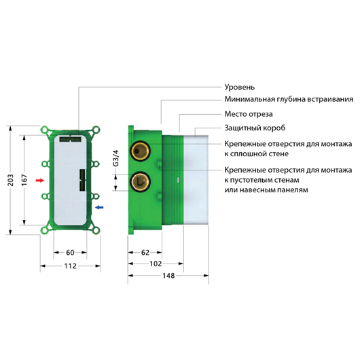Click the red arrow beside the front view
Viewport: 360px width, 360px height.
pos(40,181)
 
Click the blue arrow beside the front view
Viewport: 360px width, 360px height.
pos(99,207)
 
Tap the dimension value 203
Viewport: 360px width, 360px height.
pos(10,180)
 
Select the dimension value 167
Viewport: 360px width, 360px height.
pos(24,180)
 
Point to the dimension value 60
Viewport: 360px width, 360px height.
pos(70,253)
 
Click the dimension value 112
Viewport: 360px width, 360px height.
pos(70,266)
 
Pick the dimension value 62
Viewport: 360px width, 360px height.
pos(145,253)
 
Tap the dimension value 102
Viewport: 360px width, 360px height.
pos(156,264)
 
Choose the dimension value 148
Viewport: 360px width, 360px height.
pos(168,276)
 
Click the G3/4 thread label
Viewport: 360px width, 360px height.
pos(116,158)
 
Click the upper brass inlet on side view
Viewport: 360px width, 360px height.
pos(140,151)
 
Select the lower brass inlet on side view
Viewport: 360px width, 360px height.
pos(140,182)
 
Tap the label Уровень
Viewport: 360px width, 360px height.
pos(240,87)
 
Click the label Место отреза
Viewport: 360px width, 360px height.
pos(249,114)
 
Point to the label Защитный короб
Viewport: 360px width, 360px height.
pos(255,128)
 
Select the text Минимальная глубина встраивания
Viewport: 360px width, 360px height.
pos(289,99)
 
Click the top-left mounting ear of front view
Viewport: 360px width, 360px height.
pos(45,130)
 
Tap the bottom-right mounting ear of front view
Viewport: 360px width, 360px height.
pos(96,230)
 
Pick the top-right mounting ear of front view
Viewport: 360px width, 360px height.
pos(96,130)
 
